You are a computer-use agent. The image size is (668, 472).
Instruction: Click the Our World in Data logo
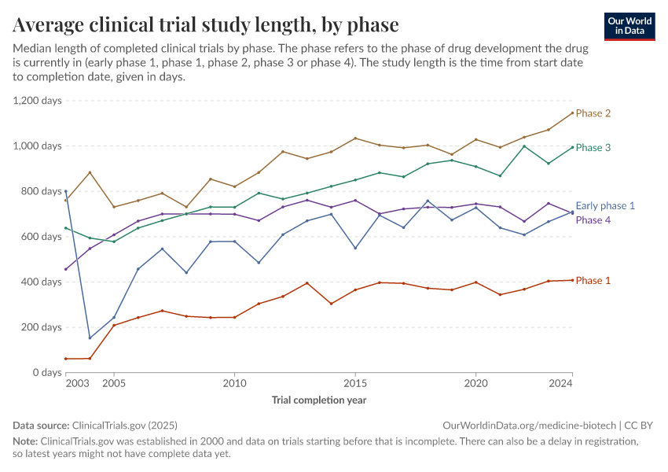pos(629,26)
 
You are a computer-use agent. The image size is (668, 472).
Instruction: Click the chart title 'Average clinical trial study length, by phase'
pos(206,24)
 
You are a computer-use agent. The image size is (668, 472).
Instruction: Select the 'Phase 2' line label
pos(593,113)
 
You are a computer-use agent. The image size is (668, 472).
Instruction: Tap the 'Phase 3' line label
pos(593,148)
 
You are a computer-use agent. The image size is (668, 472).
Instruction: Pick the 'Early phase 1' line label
pos(605,206)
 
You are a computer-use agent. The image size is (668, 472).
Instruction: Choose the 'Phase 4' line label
pos(593,220)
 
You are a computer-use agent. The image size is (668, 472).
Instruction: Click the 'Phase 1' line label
pos(593,281)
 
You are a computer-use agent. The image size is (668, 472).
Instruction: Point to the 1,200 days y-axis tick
pos(37,101)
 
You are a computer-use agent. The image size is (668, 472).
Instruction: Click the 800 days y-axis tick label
pos(40,191)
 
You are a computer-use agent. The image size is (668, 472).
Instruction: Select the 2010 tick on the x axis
pos(234,384)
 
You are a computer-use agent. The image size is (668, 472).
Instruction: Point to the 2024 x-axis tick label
pos(560,384)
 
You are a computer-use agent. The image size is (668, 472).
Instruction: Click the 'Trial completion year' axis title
pos(318,400)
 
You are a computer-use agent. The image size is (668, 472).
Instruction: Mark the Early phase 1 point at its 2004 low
pos(90,338)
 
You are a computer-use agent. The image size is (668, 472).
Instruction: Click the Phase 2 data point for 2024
pos(572,112)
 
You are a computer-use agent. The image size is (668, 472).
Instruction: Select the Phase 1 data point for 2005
pos(114,325)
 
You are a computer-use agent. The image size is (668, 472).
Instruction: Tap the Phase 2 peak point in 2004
pos(90,172)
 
